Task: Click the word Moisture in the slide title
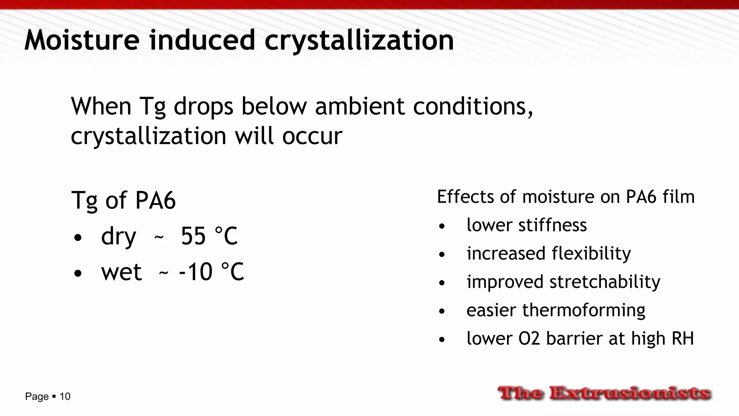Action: pyautogui.click(x=82, y=40)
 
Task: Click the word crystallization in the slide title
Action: pyautogui.click(x=359, y=40)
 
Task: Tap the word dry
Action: pyautogui.click(x=118, y=237)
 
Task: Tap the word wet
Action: pyautogui.click(x=121, y=272)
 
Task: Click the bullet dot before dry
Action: pyautogui.click(x=78, y=238)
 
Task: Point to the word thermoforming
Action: pyautogui.click(x=583, y=310)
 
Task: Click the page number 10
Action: pyautogui.click(x=65, y=396)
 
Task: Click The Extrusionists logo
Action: pyautogui.click(x=604, y=393)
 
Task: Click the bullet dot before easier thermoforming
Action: pyautogui.click(x=442, y=311)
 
